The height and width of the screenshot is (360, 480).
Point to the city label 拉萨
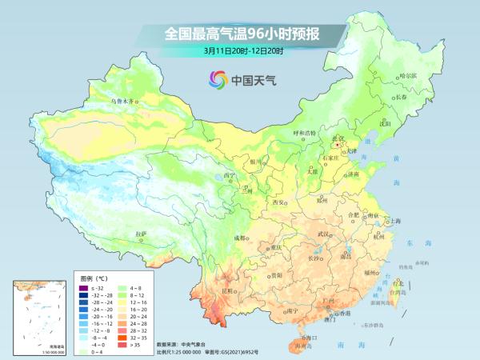[x=142, y=233]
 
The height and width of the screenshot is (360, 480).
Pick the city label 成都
[x=240, y=238]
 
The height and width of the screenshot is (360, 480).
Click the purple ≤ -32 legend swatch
[x=82, y=286]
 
